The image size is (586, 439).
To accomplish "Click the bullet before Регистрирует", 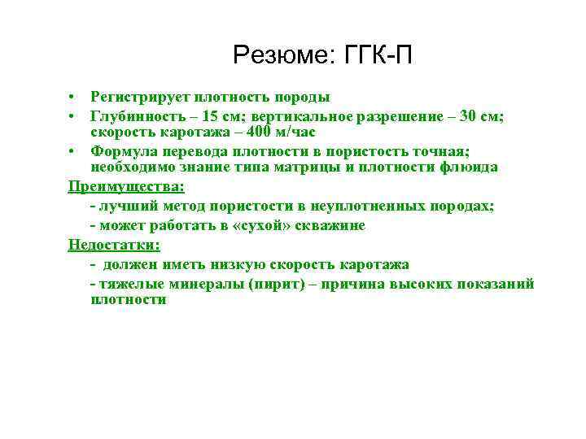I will point(72,98).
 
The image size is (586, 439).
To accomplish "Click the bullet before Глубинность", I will point(72,116).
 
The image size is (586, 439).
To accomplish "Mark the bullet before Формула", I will point(72,151).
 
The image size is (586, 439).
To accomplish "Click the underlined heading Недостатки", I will point(115,245).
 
